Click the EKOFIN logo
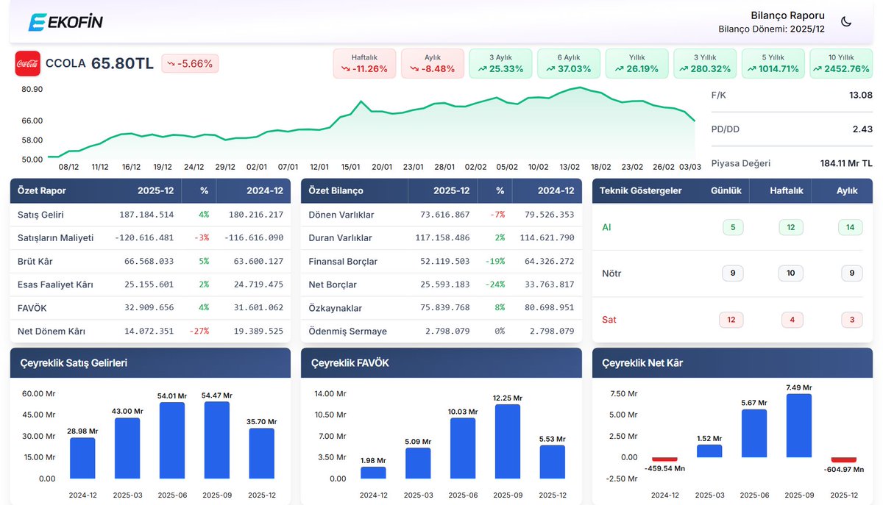click(65, 21)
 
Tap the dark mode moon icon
click(846, 21)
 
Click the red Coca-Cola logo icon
click(28, 63)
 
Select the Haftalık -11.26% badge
click(364, 63)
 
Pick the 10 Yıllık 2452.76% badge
click(841, 63)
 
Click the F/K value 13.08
click(860, 95)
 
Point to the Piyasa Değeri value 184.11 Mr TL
click(846, 163)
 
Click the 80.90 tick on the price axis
click(32, 89)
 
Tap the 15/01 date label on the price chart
click(350, 167)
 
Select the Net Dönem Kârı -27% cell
click(199, 331)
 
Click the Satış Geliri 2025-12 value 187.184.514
click(146, 215)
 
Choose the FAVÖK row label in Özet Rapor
click(32, 308)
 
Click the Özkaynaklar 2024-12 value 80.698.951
click(549, 308)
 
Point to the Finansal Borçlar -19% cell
click(494, 261)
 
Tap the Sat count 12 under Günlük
click(731, 320)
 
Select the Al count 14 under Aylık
click(851, 227)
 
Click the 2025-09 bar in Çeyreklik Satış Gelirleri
click(217, 440)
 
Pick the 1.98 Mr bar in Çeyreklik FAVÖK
click(373, 473)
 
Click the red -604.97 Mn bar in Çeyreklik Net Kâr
click(843, 459)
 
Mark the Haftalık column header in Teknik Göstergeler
click(786, 190)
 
